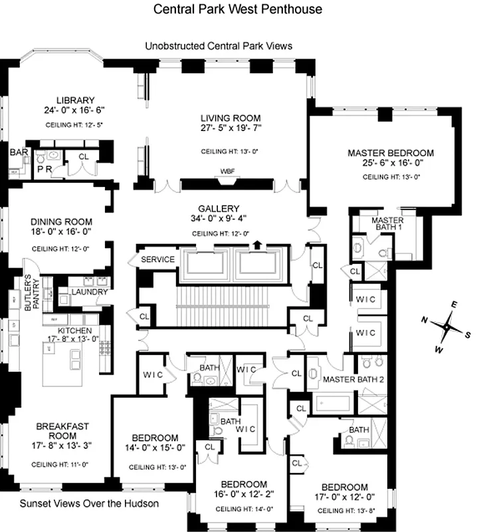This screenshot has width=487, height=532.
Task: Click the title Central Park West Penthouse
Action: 238,9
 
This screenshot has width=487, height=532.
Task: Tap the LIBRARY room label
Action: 75,100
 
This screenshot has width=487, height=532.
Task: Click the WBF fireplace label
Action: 228,170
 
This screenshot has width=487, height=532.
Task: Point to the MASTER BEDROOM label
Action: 391,153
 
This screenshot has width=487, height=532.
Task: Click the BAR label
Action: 19,152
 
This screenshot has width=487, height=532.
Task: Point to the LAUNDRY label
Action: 89,291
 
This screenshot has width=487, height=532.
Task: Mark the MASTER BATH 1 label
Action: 387,223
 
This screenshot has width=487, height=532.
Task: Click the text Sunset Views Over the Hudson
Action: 88,503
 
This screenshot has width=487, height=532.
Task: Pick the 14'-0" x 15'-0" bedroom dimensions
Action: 154,448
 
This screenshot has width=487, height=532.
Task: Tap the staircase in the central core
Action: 214,303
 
